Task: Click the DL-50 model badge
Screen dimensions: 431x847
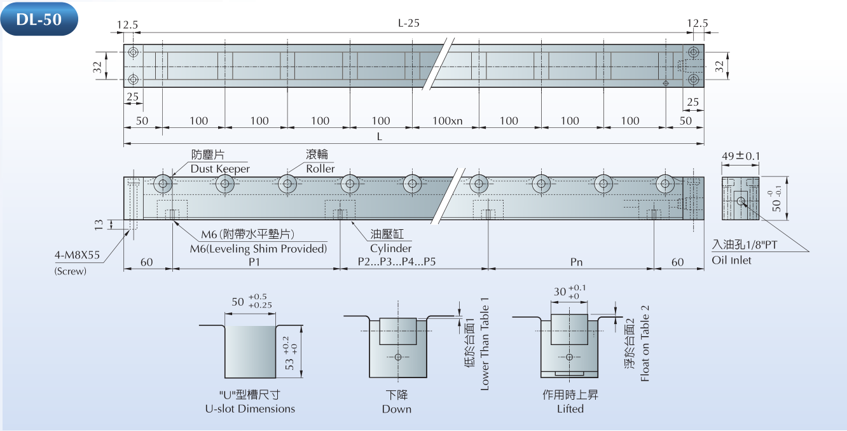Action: pos(39,19)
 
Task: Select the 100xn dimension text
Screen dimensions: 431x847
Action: pos(448,121)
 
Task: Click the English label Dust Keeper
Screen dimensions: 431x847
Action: pos(220,169)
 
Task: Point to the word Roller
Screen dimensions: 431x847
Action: pos(320,169)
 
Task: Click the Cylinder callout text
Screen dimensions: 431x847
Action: pos(390,248)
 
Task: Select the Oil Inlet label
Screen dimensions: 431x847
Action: pos(731,260)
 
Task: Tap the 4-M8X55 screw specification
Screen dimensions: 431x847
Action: pos(78,257)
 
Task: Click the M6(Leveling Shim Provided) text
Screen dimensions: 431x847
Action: pos(258,248)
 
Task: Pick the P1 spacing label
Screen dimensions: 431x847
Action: pos(255,262)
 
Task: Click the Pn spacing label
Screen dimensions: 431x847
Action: pos(576,262)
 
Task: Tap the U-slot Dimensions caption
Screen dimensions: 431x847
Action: pos(250,409)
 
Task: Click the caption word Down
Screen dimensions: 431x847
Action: pos(397,409)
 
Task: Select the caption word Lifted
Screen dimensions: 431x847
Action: pos(570,409)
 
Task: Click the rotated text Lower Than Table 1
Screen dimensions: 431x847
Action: pos(485,344)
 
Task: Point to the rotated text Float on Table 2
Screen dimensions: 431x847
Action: pos(645,343)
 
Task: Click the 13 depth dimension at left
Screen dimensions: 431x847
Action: pos(99,224)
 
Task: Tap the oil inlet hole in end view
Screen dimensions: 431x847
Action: pos(741,201)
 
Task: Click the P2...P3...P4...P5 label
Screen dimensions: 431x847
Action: pos(397,262)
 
